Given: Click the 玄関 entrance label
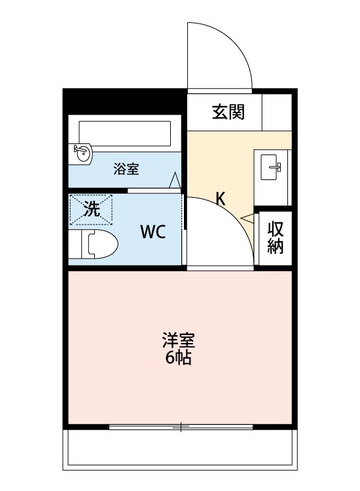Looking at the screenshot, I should (228, 112).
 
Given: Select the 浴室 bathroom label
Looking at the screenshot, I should (126, 169).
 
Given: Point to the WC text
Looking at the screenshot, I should (151, 231).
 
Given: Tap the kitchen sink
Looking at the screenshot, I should (272, 166).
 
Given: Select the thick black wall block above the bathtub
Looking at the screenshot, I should (124, 101).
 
